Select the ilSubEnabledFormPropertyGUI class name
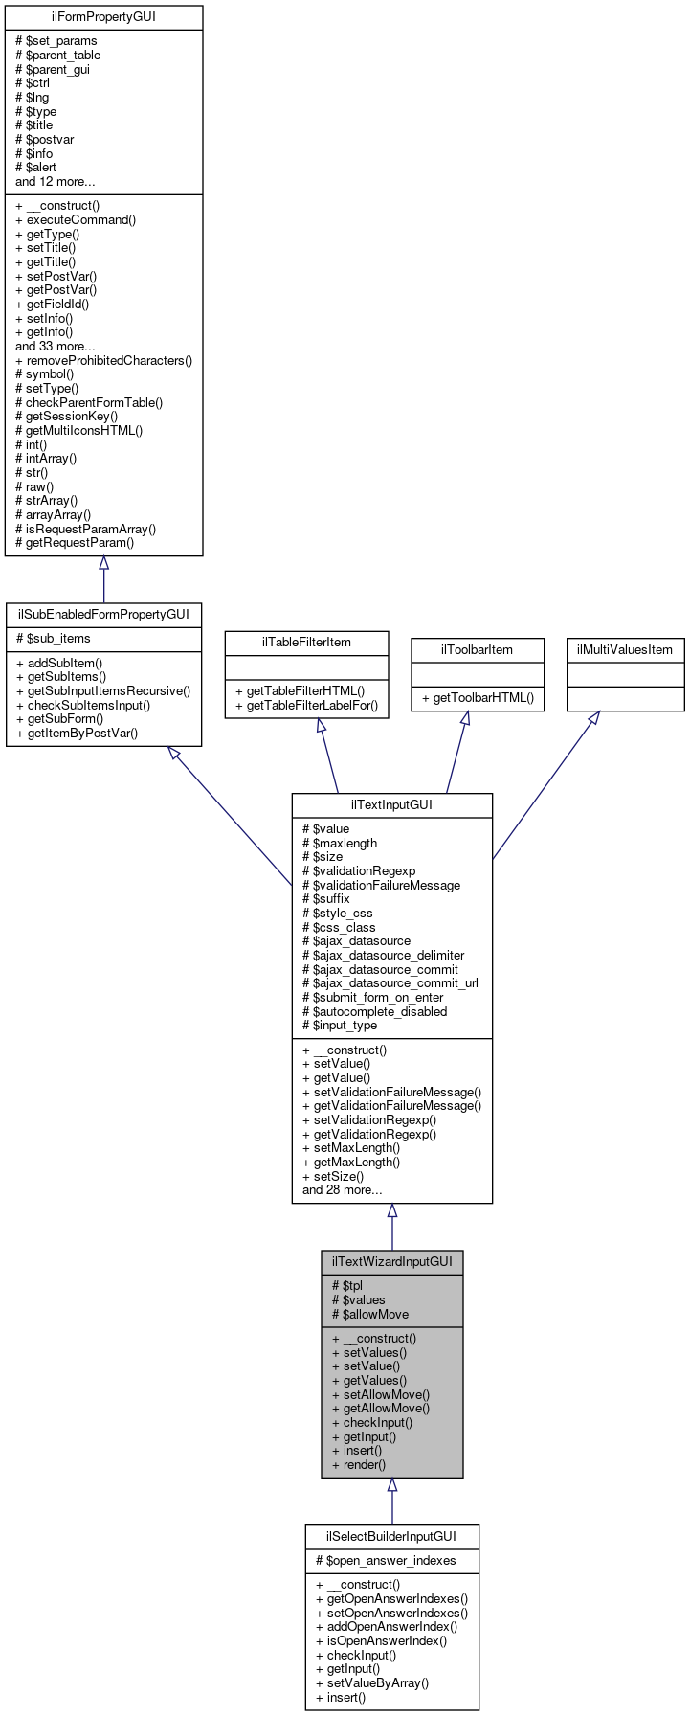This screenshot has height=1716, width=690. point(103,614)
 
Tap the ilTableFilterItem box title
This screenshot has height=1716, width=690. point(306,643)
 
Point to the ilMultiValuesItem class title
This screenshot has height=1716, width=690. point(625,650)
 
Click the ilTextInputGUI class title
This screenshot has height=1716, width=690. point(391,805)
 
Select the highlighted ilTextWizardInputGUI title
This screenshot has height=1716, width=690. point(391,1262)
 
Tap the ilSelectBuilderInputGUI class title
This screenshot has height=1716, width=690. point(391,1537)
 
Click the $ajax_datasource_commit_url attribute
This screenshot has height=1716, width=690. point(390,982)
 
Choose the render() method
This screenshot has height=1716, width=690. point(358,1464)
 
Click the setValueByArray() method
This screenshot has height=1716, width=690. point(371,1682)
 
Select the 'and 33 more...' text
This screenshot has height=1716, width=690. point(55,346)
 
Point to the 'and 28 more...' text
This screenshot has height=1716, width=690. point(342,1190)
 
